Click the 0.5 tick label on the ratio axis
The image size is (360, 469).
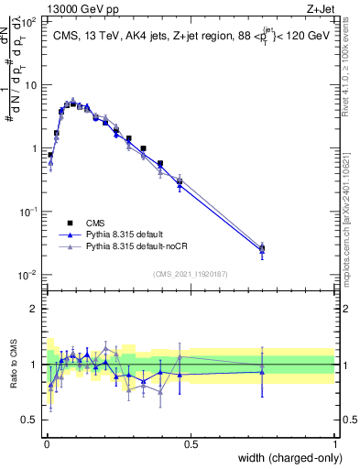pyautogui.click(x=29, y=421)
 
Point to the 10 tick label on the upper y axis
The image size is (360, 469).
pyautogui.click(x=30, y=85)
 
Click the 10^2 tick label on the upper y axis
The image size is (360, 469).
pyautogui.click(x=28, y=22)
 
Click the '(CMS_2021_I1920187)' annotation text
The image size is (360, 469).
pyautogui.click(x=191, y=273)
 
